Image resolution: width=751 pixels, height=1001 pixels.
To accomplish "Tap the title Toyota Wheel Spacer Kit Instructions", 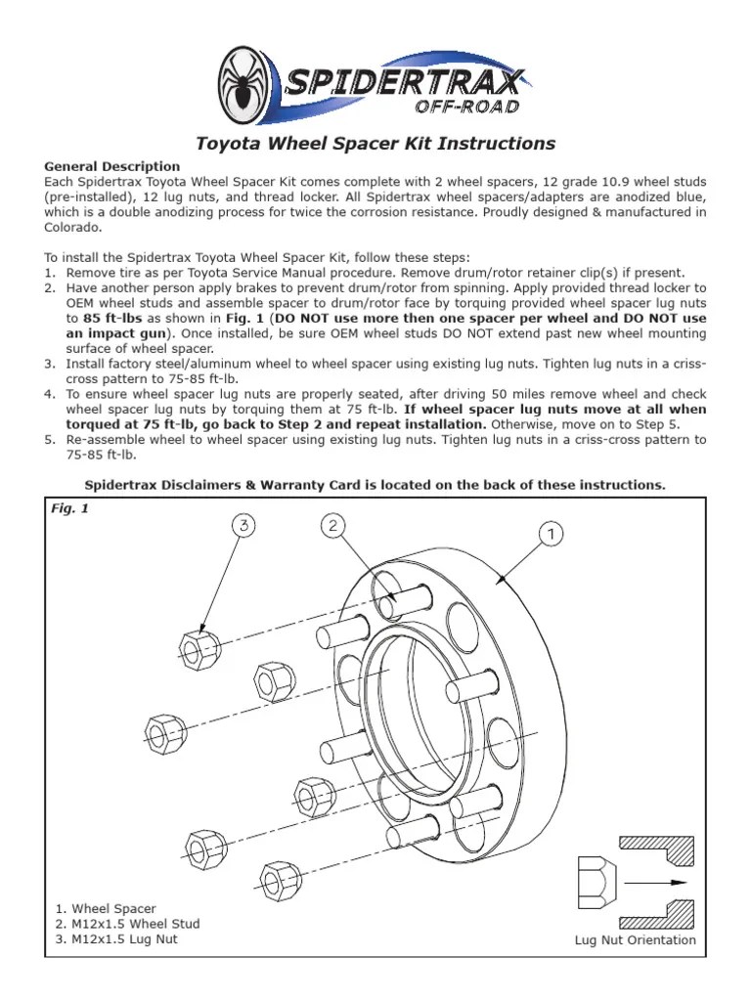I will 375,144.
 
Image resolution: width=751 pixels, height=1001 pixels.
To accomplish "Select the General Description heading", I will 112,166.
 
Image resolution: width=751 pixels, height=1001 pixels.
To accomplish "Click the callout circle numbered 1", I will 551,535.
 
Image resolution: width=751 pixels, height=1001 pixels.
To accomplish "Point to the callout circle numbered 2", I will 333,527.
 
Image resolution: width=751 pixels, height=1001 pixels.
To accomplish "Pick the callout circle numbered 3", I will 244,527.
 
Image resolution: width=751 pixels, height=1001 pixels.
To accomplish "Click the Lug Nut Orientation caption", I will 635,940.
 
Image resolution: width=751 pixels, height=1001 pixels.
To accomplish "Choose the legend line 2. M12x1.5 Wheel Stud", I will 134,924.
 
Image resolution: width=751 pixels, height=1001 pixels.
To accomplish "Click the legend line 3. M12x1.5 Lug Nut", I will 125,939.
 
